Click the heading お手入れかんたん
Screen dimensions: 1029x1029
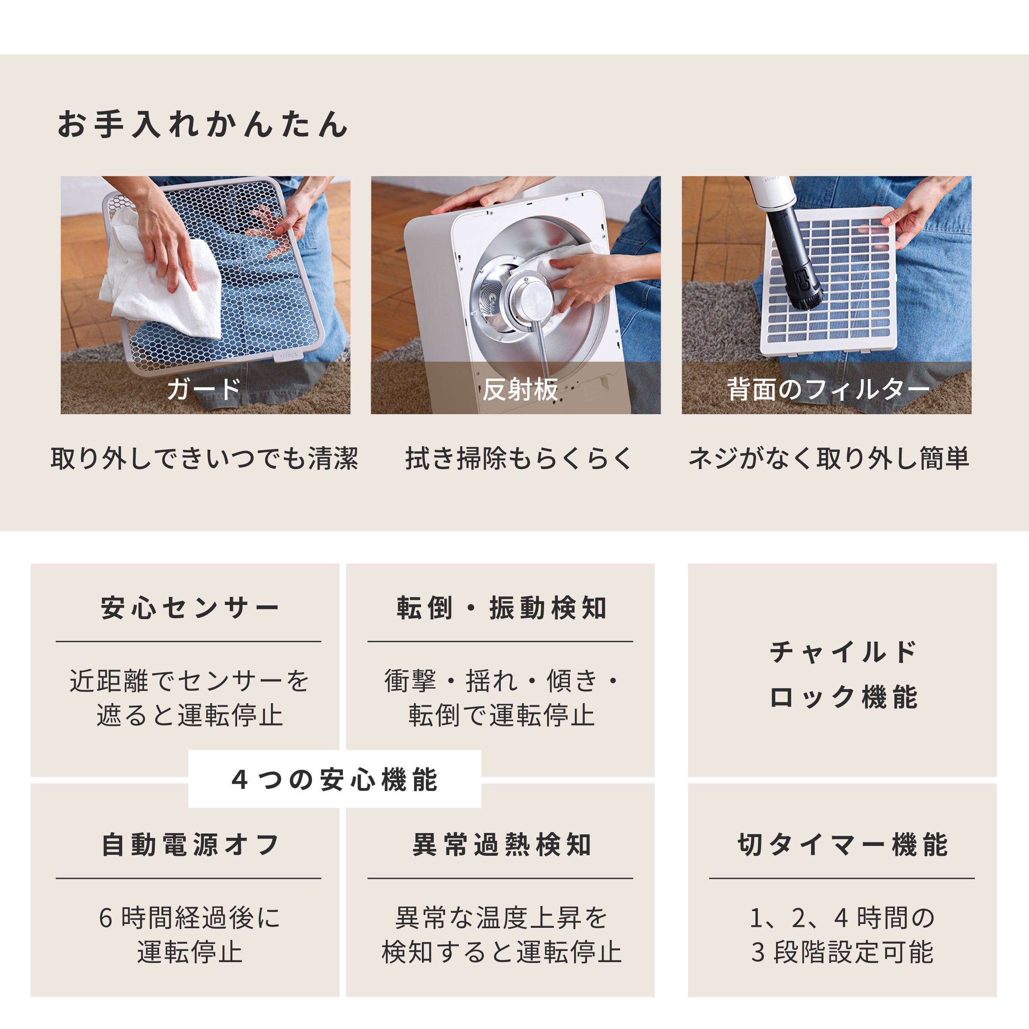click(202, 124)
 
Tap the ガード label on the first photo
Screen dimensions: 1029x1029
click(204, 389)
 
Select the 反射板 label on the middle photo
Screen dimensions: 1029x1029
click(521, 389)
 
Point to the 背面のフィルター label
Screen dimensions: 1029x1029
click(827, 389)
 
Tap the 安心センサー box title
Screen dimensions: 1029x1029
click(190, 608)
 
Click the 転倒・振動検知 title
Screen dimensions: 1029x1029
click(502, 608)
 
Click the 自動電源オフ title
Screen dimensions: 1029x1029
click(190, 845)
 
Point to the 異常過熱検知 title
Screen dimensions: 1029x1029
click(502, 845)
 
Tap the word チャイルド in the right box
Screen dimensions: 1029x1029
click(843, 652)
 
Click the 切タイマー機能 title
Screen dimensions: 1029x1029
click(842, 845)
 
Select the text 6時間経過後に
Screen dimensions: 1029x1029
click(190, 918)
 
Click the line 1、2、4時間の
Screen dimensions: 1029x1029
click(842, 918)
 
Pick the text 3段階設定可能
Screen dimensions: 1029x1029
click(842, 952)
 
